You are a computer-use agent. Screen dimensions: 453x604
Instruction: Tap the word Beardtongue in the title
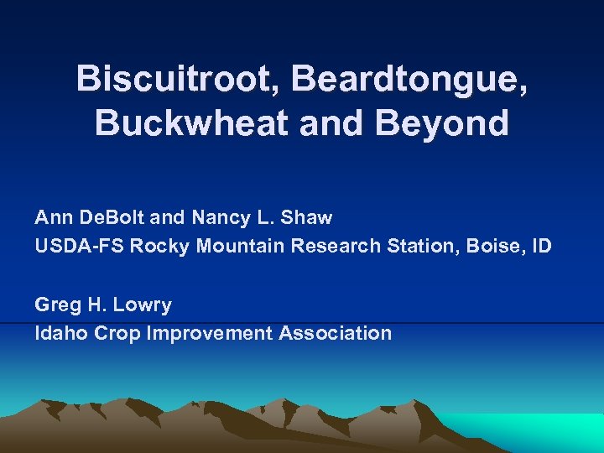click(411, 79)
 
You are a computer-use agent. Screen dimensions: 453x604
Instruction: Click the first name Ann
click(55, 218)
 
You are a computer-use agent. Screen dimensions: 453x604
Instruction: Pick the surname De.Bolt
click(113, 218)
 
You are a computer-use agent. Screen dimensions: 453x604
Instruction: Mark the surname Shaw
click(307, 218)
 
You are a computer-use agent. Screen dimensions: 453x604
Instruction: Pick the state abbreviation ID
click(542, 247)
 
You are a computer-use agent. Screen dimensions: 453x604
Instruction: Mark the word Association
click(335, 333)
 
